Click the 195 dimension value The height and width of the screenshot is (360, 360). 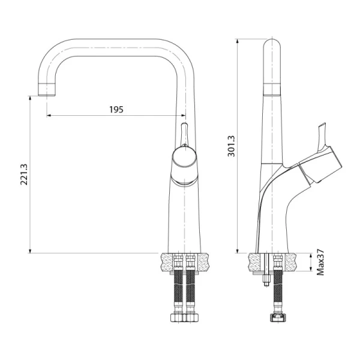pyautogui.click(x=116, y=109)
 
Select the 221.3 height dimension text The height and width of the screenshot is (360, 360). pyautogui.click(x=24, y=174)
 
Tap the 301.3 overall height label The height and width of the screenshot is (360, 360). pyautogui.click(x=232, y=145)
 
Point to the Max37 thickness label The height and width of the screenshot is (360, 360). pyautogui.click(x=320, y=264)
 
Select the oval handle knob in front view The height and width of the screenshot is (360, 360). pyautogui.click(x=184, y=160)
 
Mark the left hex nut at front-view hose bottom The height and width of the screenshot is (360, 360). pyautogui.click(x=178, y=316)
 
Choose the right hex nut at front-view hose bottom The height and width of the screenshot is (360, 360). pyautogui.click(x=191, y=316)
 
